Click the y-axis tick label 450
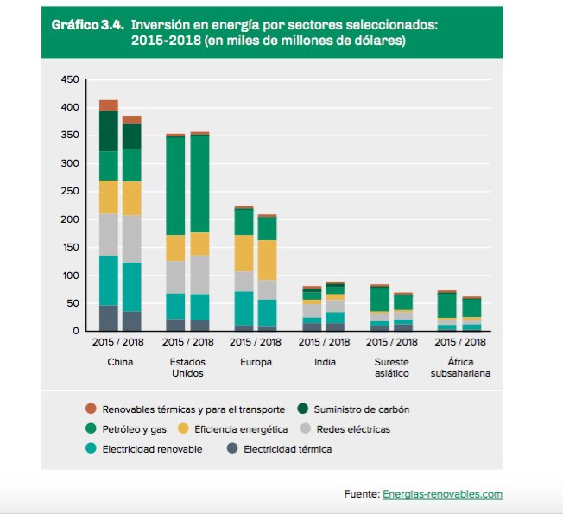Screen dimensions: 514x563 [x=71, y=79]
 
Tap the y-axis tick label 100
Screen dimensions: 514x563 [x=71, y=276]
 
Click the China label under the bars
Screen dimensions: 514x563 [x=120, y=362]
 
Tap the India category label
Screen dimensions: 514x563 [x=326, y=362]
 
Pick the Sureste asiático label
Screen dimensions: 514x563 [x=394, y=368]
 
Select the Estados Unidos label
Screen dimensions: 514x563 [x=187, y=368]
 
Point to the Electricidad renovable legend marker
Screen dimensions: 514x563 [x=90, y=449]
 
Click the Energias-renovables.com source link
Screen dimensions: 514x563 [x=442, y=494]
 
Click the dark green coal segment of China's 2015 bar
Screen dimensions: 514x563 [x=109, y=131]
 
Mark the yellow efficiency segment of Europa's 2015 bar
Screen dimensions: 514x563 [x=244, y=253]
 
